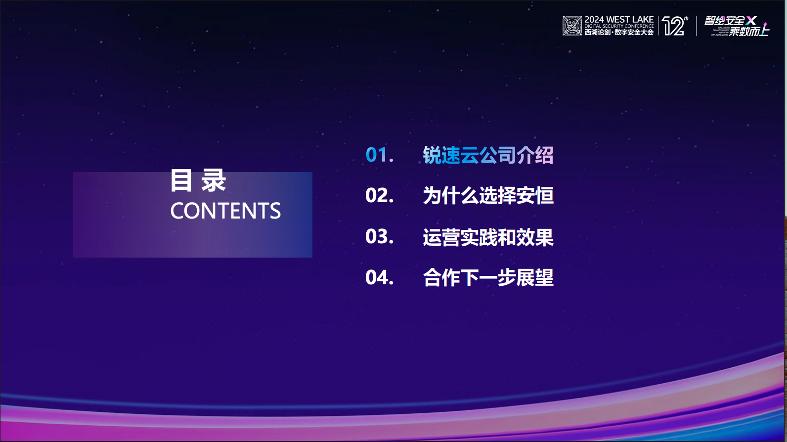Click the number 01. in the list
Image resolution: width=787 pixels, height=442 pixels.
click(379, 155)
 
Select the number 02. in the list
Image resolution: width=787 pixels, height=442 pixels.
click(379, 196)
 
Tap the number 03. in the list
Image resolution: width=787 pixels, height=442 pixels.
click(379, 237)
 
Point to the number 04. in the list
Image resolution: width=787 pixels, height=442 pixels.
click(379, 278)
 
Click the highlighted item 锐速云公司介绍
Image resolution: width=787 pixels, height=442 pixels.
click(488, 155)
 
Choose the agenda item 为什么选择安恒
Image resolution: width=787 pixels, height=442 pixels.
click(488, 196)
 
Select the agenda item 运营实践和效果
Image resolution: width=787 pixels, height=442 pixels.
click(488, 237)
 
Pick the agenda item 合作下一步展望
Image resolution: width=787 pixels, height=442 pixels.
click(488, 278)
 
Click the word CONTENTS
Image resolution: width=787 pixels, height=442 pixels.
click(225, 211)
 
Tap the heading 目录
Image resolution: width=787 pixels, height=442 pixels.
click(198, 180)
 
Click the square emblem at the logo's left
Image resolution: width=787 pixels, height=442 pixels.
click(572, 26)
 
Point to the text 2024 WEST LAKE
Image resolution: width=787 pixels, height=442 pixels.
click(619, 19)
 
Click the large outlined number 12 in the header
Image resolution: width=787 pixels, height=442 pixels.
click(673, 26)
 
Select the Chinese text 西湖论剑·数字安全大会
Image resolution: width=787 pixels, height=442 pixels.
click(619, 33)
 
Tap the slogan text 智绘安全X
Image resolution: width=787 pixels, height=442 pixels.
click(731, 20)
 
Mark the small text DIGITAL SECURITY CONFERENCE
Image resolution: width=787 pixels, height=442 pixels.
click(619, 26)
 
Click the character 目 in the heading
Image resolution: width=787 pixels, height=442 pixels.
click(181, 180)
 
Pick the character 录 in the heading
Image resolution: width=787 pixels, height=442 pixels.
click(214, 180)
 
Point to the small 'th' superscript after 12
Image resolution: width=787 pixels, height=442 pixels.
click(686, 19)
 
